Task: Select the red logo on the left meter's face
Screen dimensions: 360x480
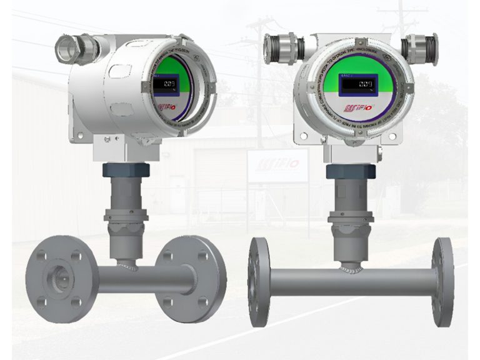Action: tap(163, 107)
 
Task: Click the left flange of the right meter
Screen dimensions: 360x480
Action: tap(260, 282)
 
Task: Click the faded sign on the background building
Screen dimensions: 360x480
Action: tap(277, 165)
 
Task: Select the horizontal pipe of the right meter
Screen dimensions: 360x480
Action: tap(387, 282)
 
